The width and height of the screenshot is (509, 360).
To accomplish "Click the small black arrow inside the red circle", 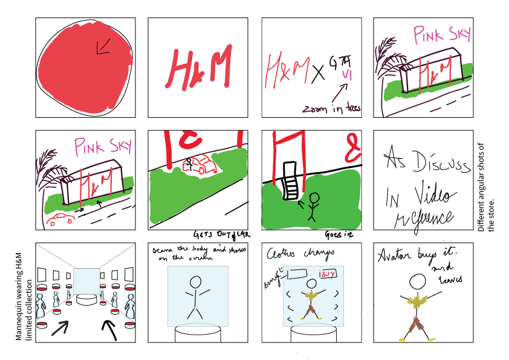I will (x=100, y=47).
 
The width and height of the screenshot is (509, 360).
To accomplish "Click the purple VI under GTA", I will (x=347, y=75).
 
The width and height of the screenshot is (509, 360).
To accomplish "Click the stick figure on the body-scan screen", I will (x=196, y=297).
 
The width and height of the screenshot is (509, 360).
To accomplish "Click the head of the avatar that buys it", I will (x=418, y=281).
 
